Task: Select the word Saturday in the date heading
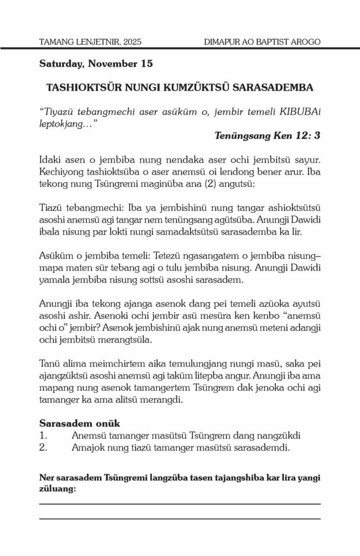[60, 64]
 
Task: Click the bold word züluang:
[58, 489]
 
